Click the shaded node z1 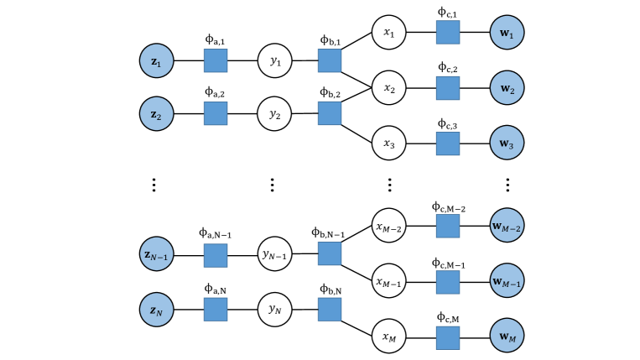tap(156, 60)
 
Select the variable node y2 tap(274, 114)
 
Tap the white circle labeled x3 tap(389, 143)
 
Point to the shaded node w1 tap(507, 32)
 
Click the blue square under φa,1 tap(216, 60)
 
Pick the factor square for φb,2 tap(330, 113)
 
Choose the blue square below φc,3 tap(448, 143)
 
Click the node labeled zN tap(156, 310)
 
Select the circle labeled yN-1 tap(274, 254)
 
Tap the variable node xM tap(389, 337)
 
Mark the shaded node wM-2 tap(507, 225)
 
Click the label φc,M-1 tap(448, 263)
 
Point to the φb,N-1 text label tap(328, 232)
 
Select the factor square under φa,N tap(216, 310)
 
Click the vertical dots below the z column tap(153, 185)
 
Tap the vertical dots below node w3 tap(507, 185)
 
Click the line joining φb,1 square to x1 tap(356, 41)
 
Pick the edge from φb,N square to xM tap(356, 329)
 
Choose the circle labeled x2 tap(389, 88)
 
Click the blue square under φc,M tap(448, 338)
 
